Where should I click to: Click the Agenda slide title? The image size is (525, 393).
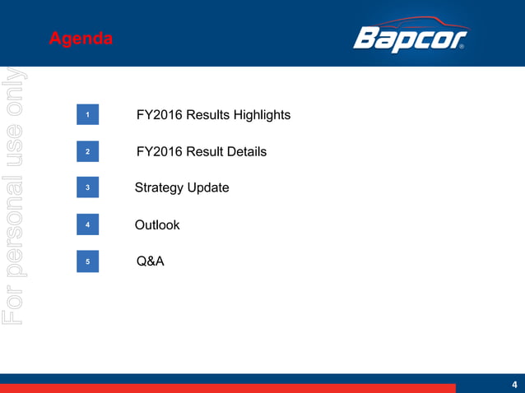pos(81,39)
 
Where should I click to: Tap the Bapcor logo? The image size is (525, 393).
pos(410,37)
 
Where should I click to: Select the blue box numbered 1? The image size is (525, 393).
pos(88,116)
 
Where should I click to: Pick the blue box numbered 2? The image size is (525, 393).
pos(88,152)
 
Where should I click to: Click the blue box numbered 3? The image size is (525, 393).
pos(88,188)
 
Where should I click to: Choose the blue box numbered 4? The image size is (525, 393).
pos(88,225)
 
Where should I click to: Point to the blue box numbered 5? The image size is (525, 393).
pos(88,261)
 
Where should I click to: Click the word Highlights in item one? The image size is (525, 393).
pos(259,115)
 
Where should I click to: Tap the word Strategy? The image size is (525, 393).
pos(159,188)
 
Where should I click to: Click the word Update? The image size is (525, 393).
pos(208,188)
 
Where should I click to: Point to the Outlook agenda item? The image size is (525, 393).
pos(157,225)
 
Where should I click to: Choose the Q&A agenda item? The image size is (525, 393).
pos(151,261)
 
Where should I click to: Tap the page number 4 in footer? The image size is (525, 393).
pos(514,384)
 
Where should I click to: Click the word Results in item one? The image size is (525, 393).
pos(206,115)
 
